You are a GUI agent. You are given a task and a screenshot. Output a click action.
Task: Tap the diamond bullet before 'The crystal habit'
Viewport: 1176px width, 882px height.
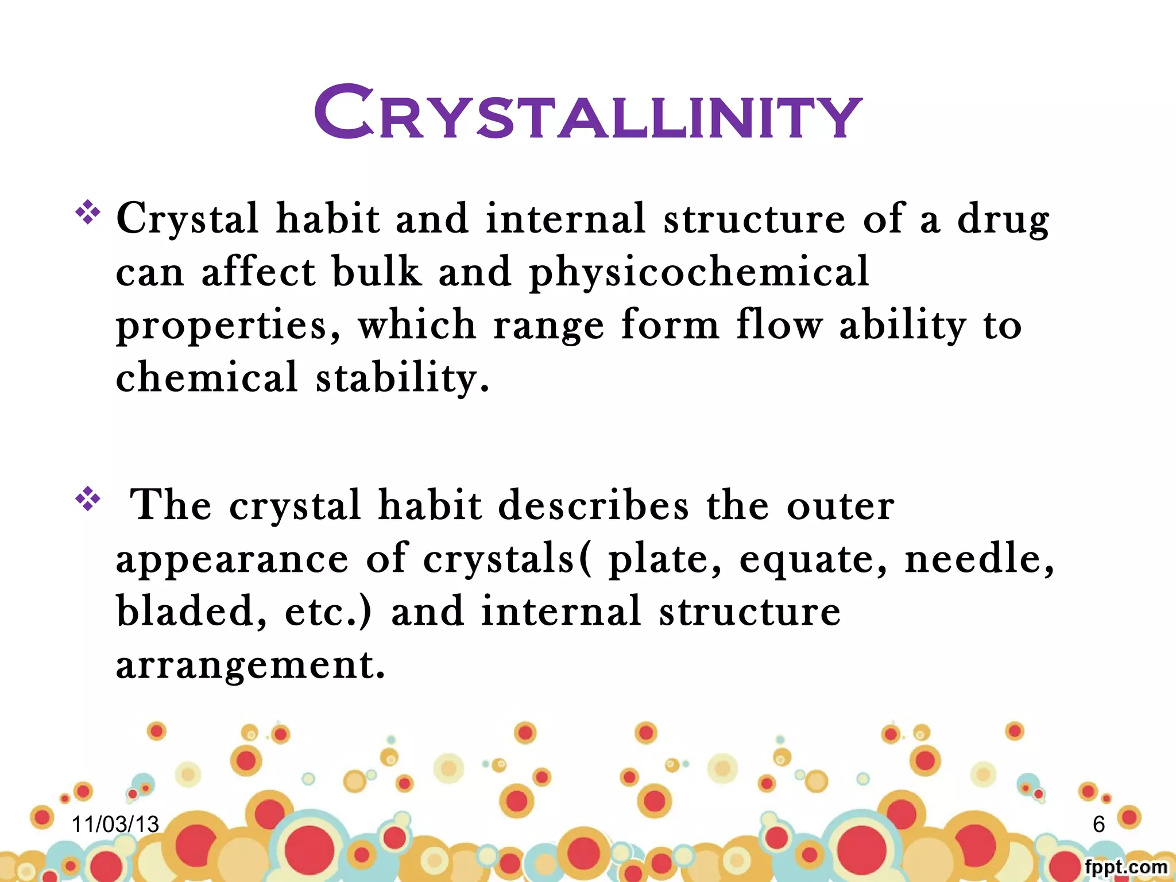click(x=87, y=498)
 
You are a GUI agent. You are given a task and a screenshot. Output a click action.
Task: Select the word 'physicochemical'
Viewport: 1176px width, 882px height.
click(x=698, y=273)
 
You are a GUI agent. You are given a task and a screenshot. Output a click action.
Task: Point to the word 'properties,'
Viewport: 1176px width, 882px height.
click(x=228, y=326)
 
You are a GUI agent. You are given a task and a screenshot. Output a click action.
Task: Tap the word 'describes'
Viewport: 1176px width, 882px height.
click(x=593, y=506)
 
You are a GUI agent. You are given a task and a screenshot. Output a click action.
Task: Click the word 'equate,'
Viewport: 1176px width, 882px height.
click(x=813, y=560)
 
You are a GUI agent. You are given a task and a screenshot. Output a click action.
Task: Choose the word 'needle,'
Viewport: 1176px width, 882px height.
click(x=980, y=559)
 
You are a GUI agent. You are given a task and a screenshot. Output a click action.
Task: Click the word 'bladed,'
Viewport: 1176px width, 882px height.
click(x=191, y=612)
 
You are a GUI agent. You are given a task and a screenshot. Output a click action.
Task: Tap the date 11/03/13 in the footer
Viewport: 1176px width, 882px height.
click(x=115, y=825)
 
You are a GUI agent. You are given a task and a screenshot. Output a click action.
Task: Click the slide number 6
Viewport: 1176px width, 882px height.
click(x=1098, y=825)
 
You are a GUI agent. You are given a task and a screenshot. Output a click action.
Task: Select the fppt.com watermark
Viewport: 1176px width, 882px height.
click(x=1125, y=867)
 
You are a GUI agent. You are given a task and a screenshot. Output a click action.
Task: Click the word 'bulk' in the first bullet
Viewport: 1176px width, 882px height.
click(x=376, y=272)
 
